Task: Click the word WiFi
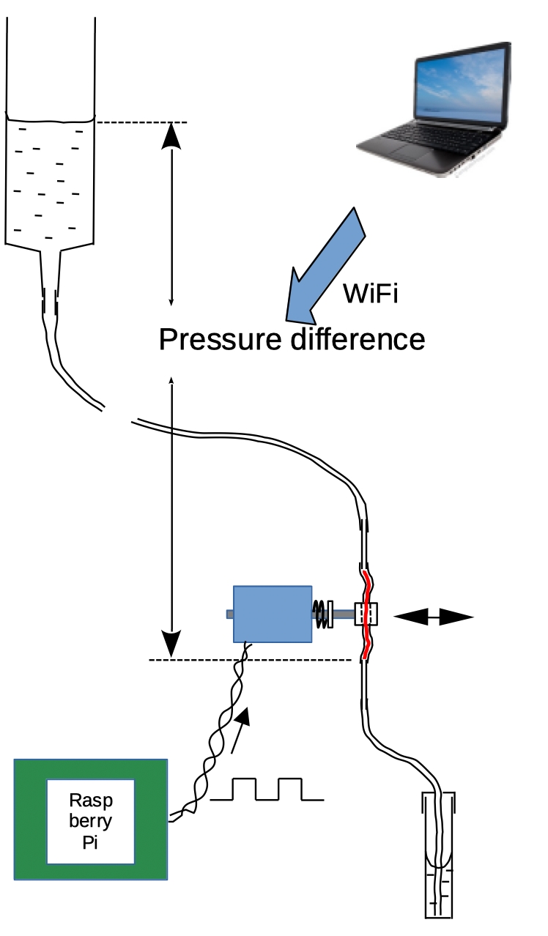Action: (370, 294)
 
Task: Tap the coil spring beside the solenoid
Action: (321, 614)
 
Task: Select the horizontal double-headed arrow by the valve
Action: (434, 617)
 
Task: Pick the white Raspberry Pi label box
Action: (91, 820)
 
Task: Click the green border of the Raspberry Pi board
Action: (29, 820)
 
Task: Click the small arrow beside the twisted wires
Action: (242, 729)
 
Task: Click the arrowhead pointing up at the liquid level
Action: (171, 135)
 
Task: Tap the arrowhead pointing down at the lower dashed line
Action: (171, 645)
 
